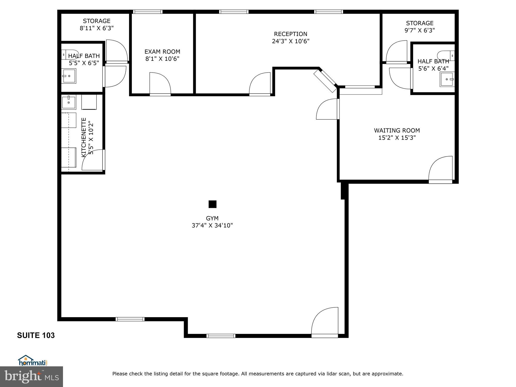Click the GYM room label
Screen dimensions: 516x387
212,218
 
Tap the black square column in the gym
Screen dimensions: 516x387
212,204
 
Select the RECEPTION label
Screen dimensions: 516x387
291,34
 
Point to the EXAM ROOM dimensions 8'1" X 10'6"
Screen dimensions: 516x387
162,59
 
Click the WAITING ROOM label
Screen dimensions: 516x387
397,131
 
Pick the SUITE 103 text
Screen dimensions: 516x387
36,335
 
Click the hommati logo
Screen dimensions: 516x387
33,361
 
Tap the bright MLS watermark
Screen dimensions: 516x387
31,377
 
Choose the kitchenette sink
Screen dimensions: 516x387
69,102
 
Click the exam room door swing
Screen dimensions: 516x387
160,83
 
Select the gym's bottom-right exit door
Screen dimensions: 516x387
325,322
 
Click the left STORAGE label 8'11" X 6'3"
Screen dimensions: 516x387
97,24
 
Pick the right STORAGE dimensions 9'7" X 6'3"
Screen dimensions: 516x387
420,30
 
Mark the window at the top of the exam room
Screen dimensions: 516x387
148,12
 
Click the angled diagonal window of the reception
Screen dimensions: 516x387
325,81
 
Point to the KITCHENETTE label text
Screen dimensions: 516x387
84,137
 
